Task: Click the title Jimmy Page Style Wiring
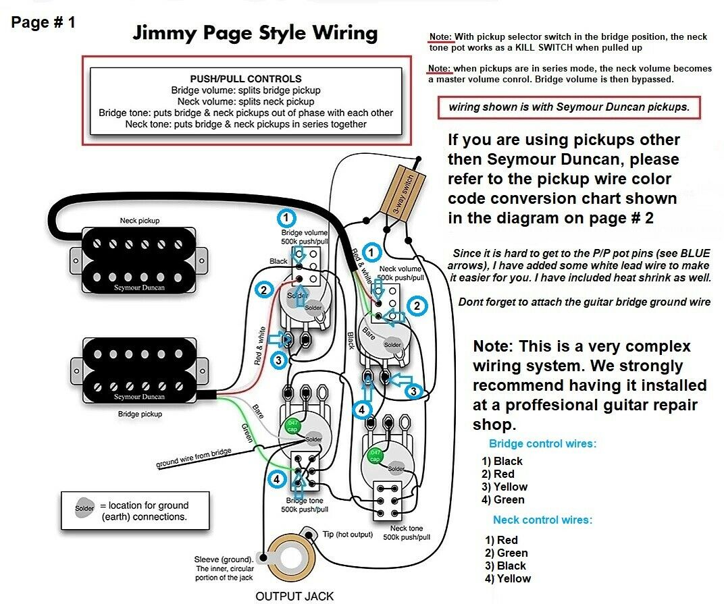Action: [x=255, y=32]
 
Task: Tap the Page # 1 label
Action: [x=43, y=22]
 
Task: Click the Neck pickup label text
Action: [x=140, y=221]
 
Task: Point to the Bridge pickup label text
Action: [x=140, y=414]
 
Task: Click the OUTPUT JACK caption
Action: [x=294, y=595]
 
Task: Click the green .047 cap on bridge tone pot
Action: [x=292, y=427]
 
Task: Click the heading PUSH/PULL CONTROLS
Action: [x=246, y=79]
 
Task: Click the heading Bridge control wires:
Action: [x=542, y=443]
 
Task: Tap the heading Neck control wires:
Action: [x=542, y=520]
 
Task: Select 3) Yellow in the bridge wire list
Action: [x=505, y=487]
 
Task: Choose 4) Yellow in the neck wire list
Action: [x=507, y=578]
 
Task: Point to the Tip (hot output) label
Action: [x=348, y=534]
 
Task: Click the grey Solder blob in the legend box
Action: [x=85, y=509]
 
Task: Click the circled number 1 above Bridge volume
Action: [x=287, y=218]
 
